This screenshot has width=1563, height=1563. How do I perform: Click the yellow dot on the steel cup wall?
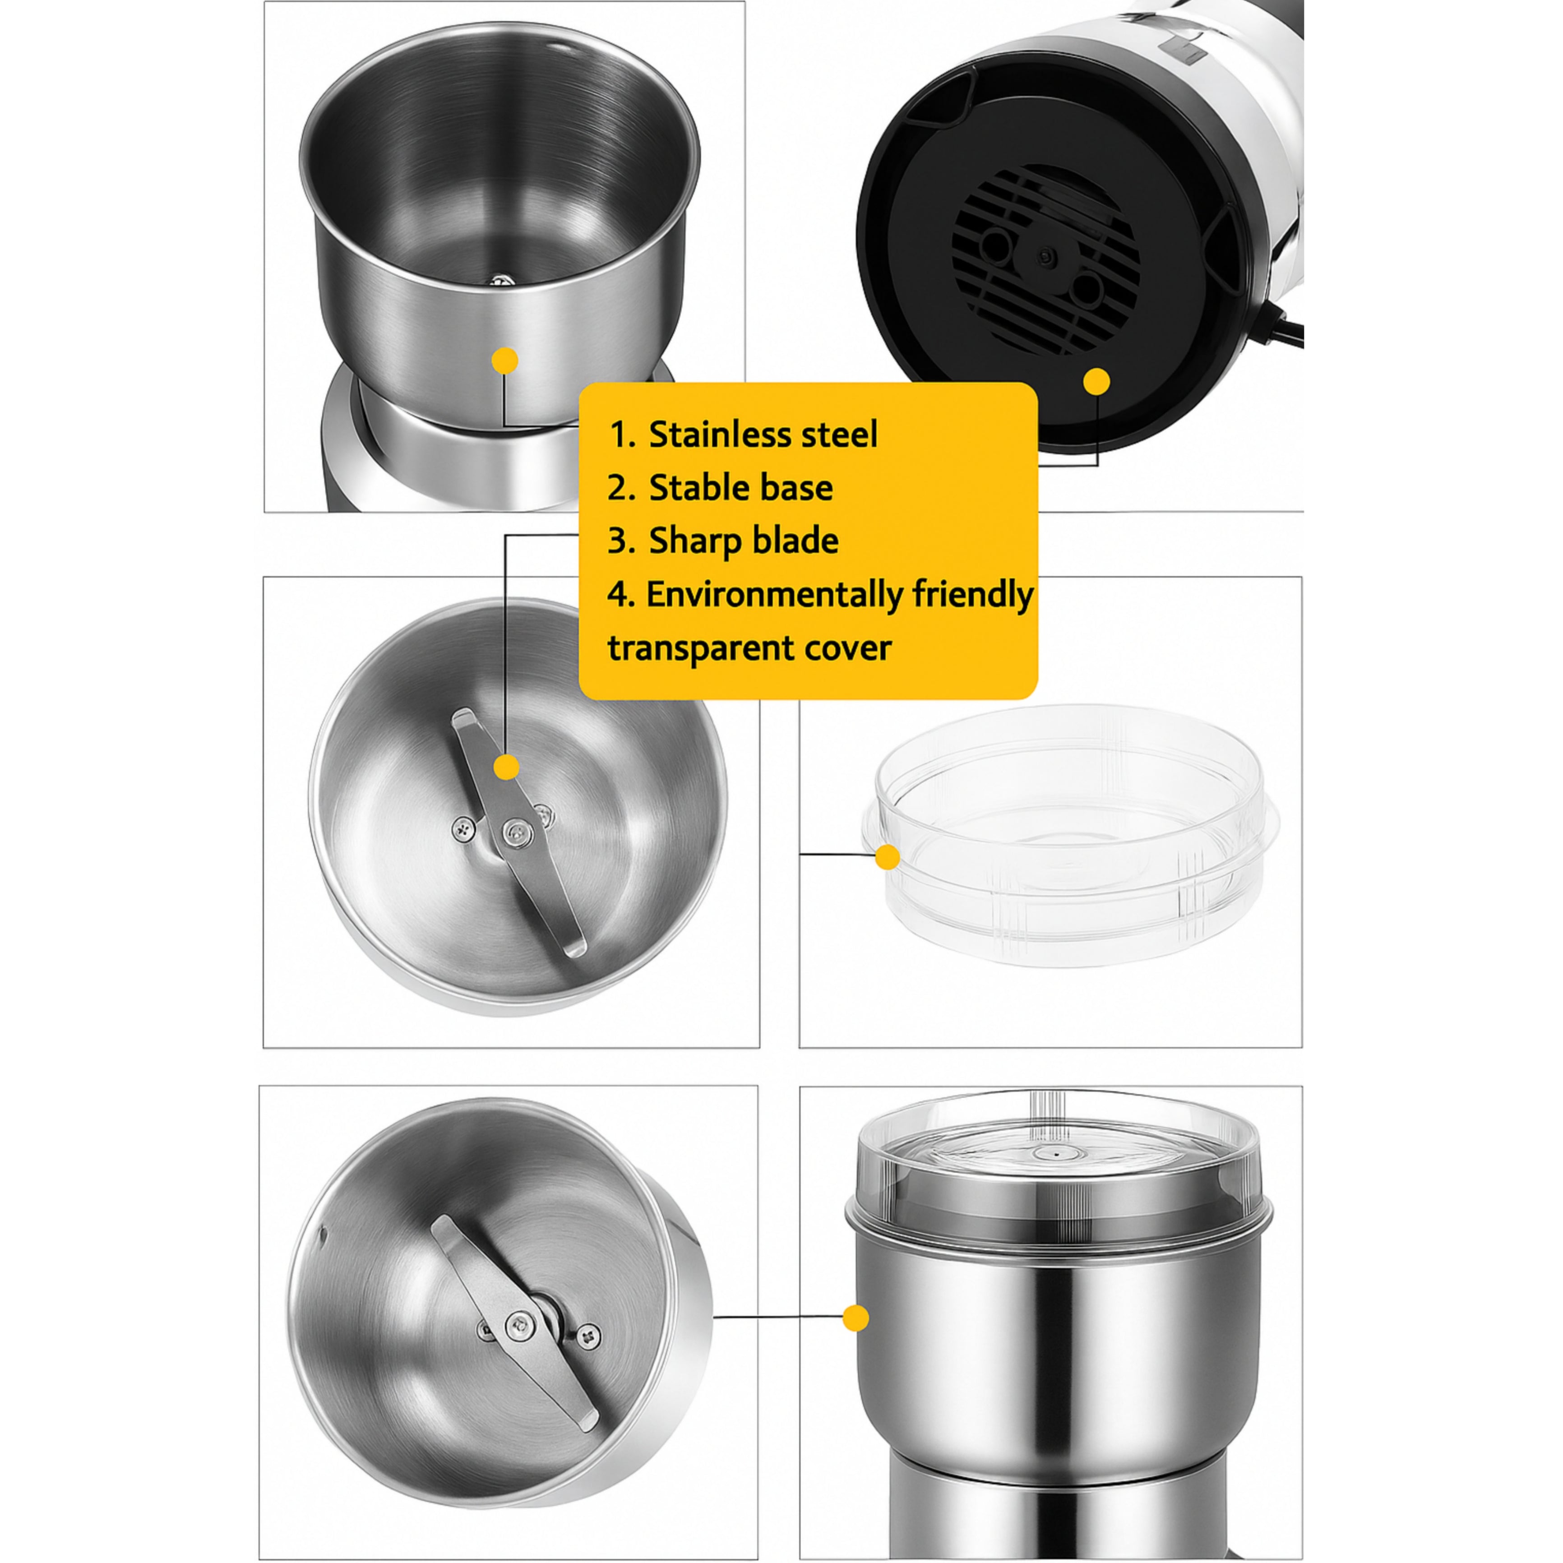pyautogui.click(x=506, y=361)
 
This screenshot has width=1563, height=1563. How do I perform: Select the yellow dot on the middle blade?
pyautogui.click(x=506, y=767)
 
